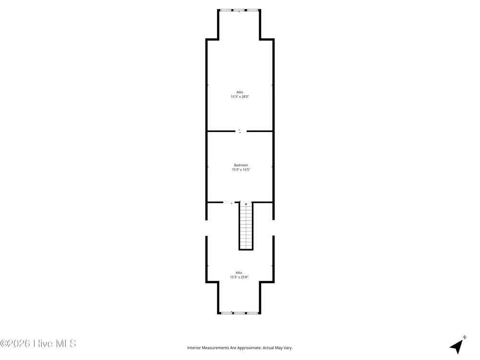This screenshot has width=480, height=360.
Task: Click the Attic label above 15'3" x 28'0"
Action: tap(240, 92)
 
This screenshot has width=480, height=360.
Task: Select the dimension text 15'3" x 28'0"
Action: tap(240, 97)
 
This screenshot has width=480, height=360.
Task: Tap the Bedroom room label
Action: tap(241, 165)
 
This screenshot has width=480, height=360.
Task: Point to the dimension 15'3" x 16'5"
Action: tap(241, 169)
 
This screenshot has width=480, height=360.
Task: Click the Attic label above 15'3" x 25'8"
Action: tap(239, 273)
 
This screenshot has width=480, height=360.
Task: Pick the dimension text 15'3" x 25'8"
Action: tap(239, 277)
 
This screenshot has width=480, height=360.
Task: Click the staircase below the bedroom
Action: tap(246, 226)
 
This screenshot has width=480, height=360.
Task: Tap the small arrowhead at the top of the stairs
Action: tap(246, 204)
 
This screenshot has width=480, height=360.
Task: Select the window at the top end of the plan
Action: tap(239, 11)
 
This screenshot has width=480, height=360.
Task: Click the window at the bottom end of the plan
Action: tap(239, 313)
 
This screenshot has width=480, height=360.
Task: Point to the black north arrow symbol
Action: tap(456, 347)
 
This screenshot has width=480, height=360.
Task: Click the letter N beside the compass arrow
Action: tap(464, 337)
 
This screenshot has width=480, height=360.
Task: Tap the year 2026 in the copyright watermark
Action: tap(19, 344)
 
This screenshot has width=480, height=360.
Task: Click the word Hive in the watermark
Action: tap(42, 344)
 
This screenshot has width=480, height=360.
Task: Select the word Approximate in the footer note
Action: tap(251, 348)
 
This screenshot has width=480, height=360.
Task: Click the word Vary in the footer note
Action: tap(288, 348)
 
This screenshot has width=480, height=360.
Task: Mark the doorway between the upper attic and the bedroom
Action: tap(240, 132)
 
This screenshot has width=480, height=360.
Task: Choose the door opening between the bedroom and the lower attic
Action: tap(228, 203)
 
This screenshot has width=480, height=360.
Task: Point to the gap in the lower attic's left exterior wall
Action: tap(206, 228)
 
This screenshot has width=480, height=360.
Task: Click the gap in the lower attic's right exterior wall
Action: tap(274, 228)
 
